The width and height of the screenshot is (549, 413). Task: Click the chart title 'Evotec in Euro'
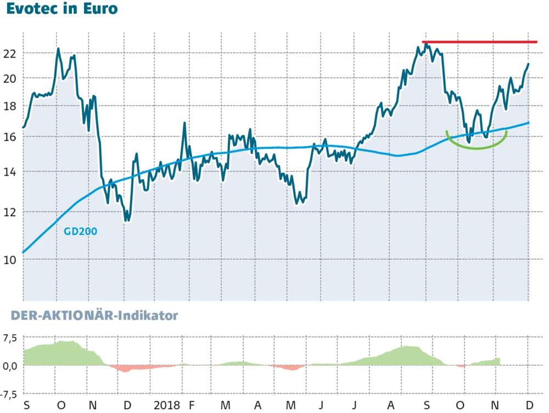pyautogui.click(x=62, y=10)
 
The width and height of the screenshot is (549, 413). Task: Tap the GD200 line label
pyautogui.click(x=81, y=232)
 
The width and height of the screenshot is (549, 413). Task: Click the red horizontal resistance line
pyautogui.click(x=479, y=42)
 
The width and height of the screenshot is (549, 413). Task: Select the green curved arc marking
pyautogui.click(x=475, y=146)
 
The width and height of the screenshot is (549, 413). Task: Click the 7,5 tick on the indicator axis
pyautogui.click(x=10, y=337)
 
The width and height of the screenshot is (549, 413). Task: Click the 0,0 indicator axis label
pyautogui.click(x=10, y=366)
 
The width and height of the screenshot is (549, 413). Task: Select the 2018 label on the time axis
pyautogui.click(x=167, y=405)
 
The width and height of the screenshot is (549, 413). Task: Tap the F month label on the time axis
pyautogui.click(x=192, y=405)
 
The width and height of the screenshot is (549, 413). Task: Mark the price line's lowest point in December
pyautogui.click(x=127, y=221)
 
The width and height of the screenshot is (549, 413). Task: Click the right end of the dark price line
pyautogui.click(x=528, y=64)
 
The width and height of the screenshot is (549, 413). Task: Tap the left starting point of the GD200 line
pyautogui.click(x=23, y=252)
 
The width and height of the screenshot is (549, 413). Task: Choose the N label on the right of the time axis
pyautogui.click(x=496, y=405)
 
